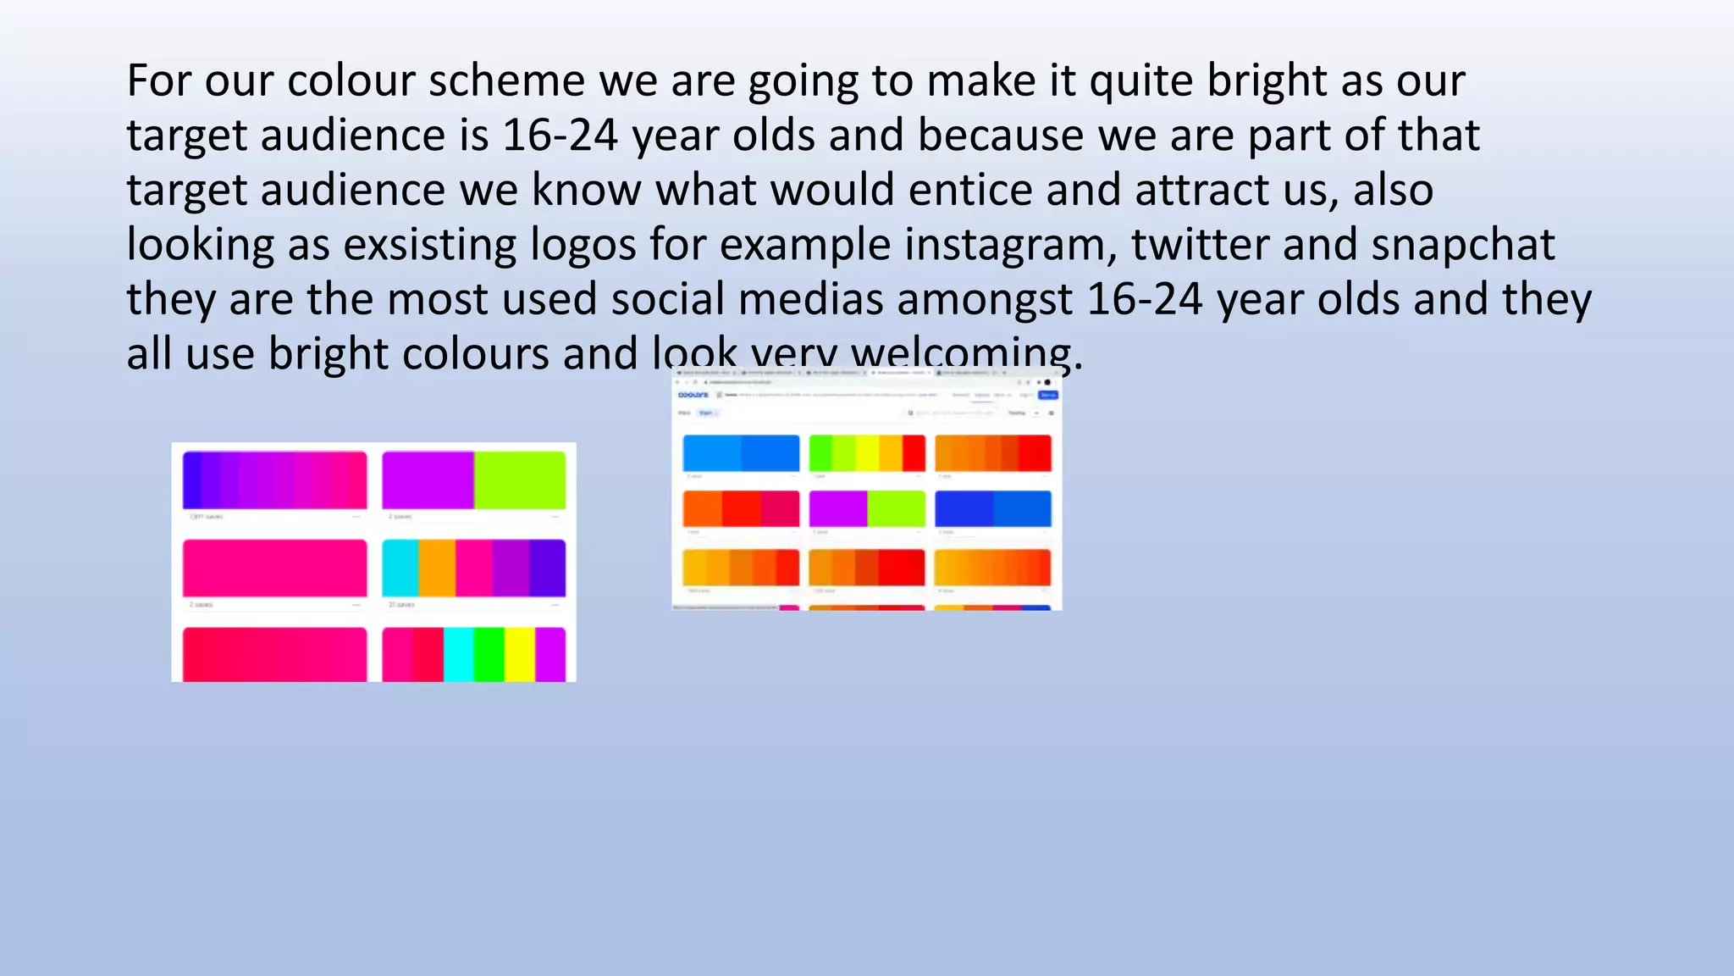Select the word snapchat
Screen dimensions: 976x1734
pos(1463,245)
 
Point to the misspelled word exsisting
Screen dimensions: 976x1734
pos(429,245)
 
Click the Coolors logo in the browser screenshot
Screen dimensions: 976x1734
pos(693,395)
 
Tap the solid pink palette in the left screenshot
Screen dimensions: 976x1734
pos(275,568)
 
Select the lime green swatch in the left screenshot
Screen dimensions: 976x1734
pos(520,480)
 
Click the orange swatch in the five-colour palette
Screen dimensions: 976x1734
pos(437,568)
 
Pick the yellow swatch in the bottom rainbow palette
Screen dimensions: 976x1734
pos(520,654)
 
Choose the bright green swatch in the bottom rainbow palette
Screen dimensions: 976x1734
pos(489,654)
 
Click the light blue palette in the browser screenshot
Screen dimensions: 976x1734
pos(741,453)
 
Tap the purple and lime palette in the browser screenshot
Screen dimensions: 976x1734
pos(867,508)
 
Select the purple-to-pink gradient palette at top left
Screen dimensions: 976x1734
pos(275,480)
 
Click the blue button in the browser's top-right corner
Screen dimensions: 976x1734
pos(1048,395)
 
